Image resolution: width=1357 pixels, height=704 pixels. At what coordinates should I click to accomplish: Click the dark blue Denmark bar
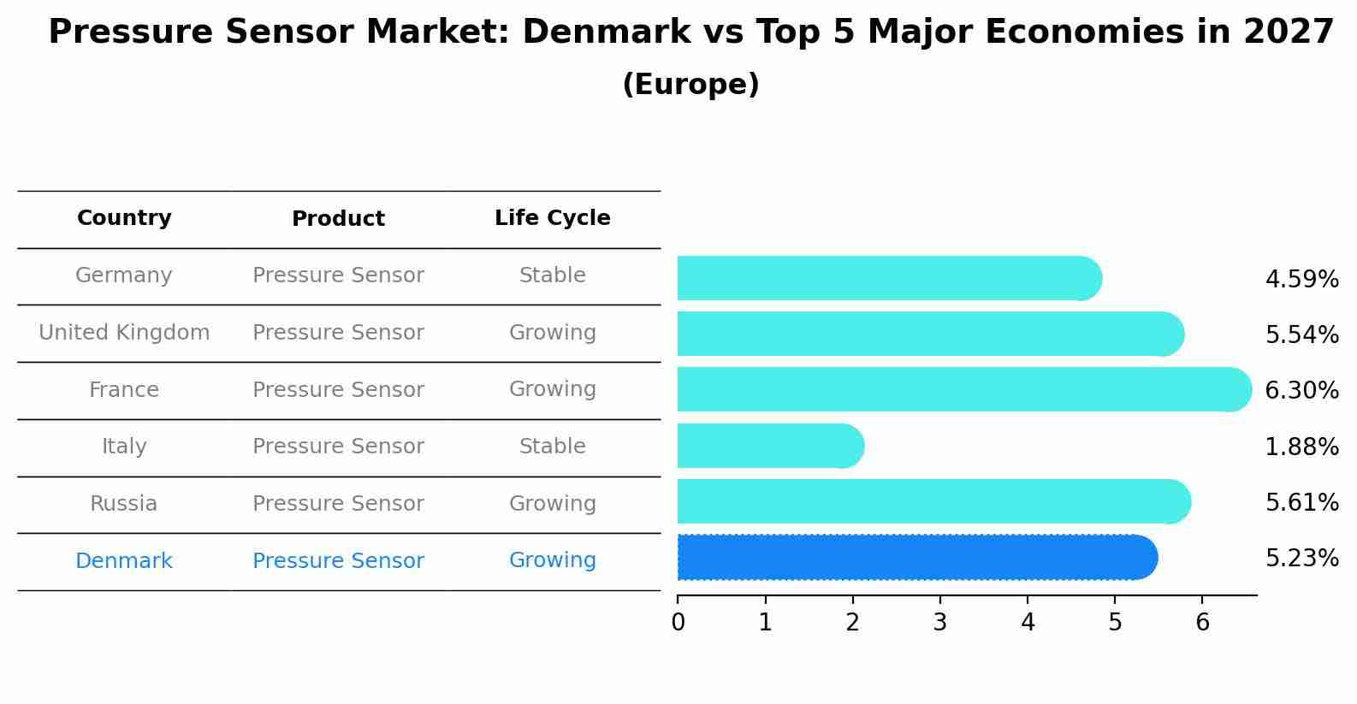click(x=916, y=558)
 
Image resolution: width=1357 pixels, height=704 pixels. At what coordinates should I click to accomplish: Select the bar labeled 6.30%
click(x=963, y=390)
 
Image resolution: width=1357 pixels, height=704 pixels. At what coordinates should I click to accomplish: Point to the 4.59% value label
click(x=1301, y=280)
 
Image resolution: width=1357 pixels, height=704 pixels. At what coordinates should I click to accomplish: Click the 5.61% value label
click(x=1301, y=503)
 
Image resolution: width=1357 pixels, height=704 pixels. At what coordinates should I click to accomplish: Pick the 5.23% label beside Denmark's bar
click(x=1301, y=559)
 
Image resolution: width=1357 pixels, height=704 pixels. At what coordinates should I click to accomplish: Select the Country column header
click(x=124, y=218)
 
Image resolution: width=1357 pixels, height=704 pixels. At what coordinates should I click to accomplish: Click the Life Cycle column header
click(x=552, y=218)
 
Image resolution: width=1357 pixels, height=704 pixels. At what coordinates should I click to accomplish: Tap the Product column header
click(x=338, y=219)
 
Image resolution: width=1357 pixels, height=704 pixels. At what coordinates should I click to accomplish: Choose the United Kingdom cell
click(x=124, y=333)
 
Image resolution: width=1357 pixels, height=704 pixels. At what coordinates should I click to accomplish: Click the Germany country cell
click(x=124, y=275)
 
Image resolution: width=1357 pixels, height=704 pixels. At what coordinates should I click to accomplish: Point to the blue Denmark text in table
click(x=124, y=561)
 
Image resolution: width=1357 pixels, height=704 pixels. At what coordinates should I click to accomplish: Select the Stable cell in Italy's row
click(x=552, y=447)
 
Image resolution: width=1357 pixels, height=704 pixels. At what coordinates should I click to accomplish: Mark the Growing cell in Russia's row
click(x=552, y=504)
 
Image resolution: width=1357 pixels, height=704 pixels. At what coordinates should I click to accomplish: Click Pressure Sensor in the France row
click(x=338, y=390)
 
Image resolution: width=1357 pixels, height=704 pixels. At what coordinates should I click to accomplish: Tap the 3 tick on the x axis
click(x=939, y=623)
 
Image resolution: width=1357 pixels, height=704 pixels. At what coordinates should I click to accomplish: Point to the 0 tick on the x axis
click(x=678, y=623)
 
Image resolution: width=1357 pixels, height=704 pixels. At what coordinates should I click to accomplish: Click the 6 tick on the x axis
click(x=1202, y=623)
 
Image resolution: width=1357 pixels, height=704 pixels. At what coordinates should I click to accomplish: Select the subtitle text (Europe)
click(x=690, y=85)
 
